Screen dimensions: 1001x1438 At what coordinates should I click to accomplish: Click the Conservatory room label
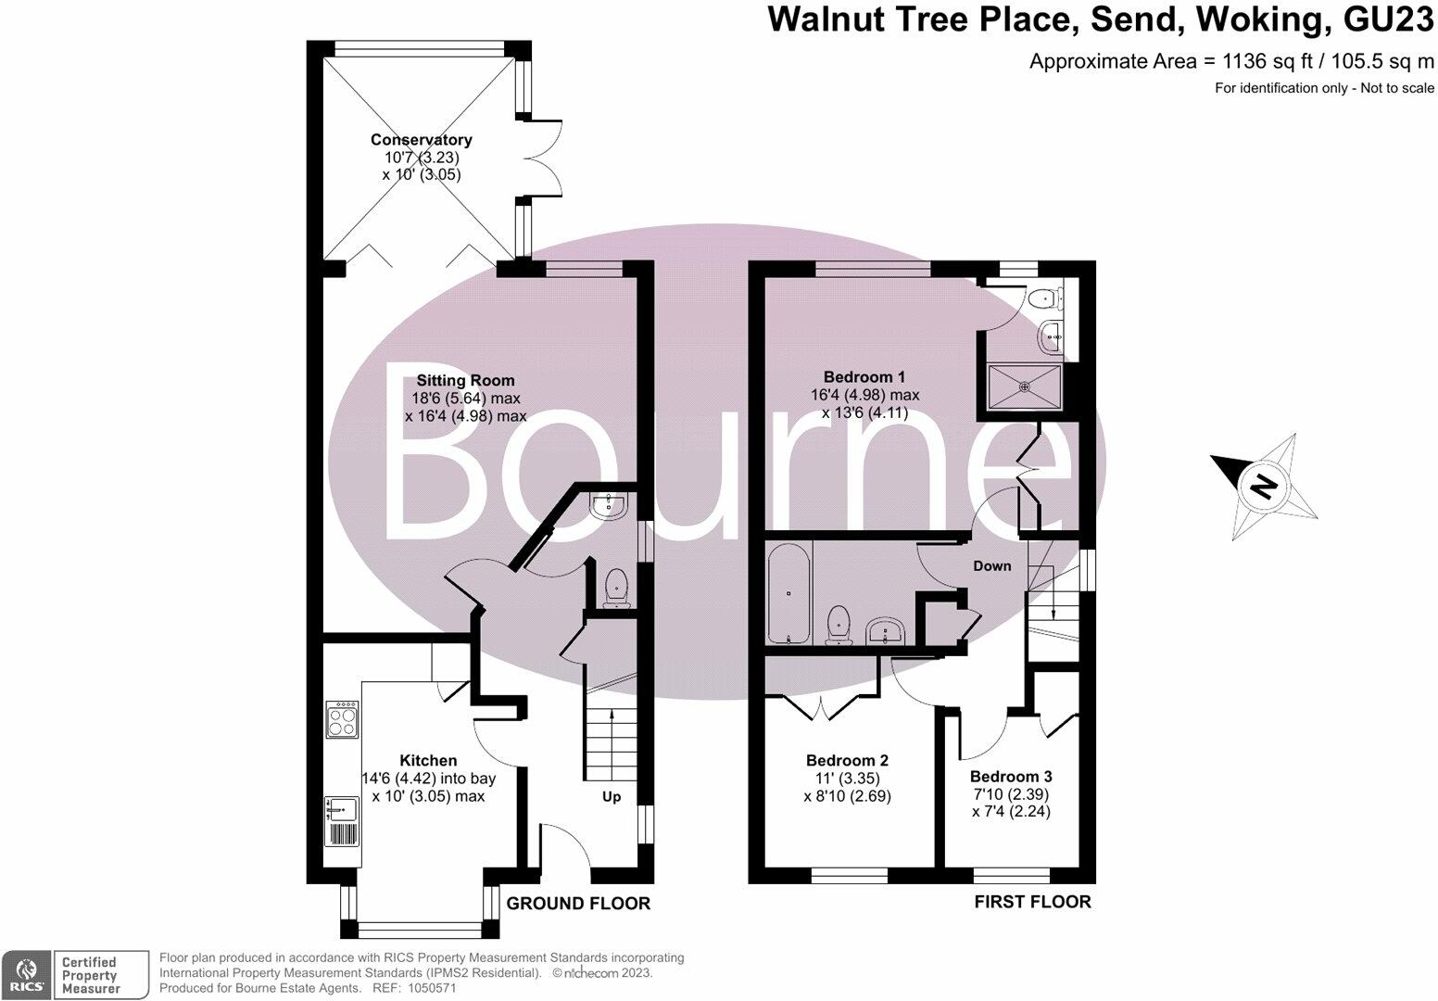[422, 140]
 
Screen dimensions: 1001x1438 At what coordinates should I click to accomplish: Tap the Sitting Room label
[465, 380]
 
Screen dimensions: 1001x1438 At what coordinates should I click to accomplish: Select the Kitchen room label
[428, 760]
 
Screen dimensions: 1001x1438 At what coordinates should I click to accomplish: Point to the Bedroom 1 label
[864, 377]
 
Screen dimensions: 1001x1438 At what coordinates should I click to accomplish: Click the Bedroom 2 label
[847, 760]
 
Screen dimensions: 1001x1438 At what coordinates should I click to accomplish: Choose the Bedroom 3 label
[1011, 777]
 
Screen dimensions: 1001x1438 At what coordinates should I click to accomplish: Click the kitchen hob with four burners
[342, 719]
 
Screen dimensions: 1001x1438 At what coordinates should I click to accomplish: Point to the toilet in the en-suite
[1049, 298]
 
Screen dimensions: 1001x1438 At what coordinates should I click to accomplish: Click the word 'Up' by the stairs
[612, 797]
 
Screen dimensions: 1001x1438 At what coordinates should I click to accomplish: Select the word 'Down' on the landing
[991, 565]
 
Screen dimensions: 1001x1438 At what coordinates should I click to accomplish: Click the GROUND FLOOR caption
[578, 904]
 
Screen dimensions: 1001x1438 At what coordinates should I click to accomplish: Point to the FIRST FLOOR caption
[1032, 902]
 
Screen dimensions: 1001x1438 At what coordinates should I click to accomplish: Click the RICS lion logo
[25, 974]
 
